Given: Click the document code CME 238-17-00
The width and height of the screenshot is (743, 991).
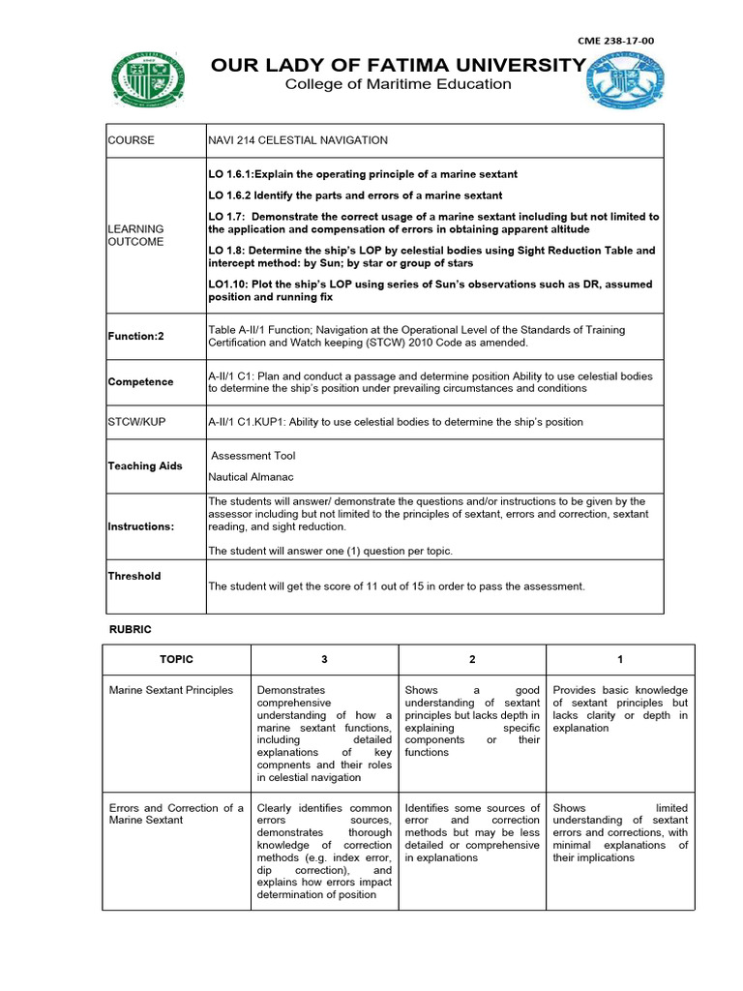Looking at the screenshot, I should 615,41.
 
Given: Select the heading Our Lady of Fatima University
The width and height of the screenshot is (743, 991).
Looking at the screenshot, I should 399,65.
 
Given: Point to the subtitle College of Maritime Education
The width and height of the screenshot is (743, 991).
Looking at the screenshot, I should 398,84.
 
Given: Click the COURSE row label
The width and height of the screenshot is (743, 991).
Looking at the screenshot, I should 131,140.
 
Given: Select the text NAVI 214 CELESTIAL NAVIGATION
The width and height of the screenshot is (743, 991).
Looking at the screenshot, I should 298,140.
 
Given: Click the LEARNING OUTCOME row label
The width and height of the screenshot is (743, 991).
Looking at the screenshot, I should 135,235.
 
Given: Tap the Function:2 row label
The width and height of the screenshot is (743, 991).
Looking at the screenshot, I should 136,337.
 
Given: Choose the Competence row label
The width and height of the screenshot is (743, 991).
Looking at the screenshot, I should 141,381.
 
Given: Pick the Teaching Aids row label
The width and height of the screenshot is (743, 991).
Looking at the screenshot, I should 145,465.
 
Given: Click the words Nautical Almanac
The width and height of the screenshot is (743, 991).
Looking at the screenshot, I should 252,477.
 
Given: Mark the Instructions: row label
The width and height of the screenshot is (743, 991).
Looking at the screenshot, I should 141,526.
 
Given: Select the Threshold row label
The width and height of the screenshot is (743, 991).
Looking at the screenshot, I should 134,576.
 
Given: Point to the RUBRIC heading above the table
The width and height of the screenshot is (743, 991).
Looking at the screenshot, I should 130,629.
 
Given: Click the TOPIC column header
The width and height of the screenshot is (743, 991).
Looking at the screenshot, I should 177,659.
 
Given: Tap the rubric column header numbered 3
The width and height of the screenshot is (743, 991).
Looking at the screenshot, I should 324,659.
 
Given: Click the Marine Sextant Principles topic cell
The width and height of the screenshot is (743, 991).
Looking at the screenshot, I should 171,690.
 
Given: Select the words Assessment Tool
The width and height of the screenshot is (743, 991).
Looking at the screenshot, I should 253,456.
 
